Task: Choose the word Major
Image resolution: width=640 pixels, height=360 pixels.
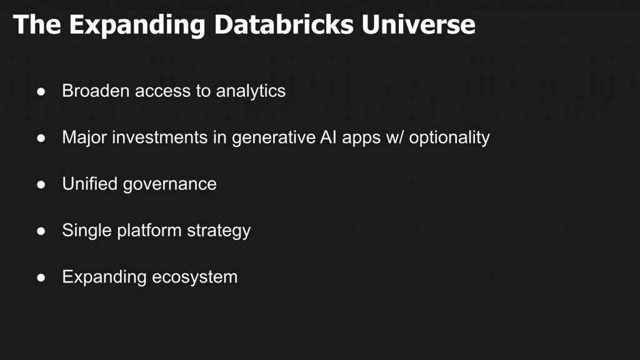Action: (x=84, y=137)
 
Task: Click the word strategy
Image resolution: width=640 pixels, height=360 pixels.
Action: (x=219, y=231)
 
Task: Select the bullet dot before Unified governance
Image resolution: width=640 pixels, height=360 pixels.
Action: (x=41, y=184)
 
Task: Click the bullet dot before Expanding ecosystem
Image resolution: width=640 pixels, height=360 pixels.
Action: (x=41, y=277)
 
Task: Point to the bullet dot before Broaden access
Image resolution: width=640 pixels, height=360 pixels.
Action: (x=41, y=91)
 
